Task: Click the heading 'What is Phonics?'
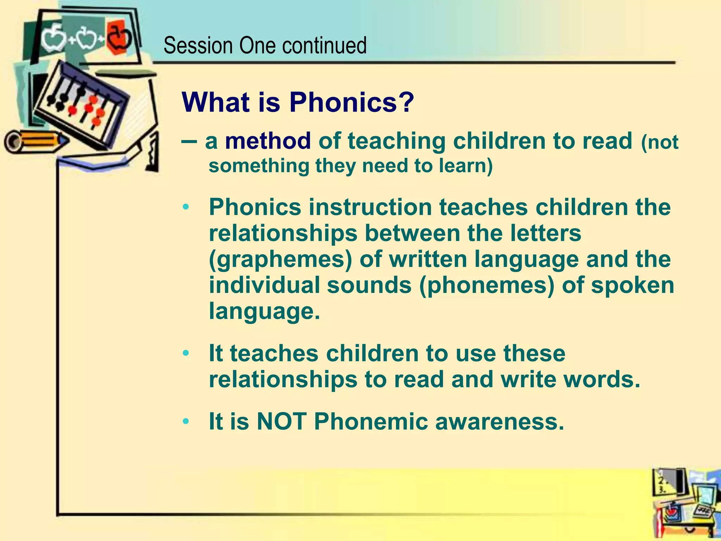click(x=297, y=102)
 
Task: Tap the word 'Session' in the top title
click(x=198, y=46)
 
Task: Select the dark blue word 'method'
click(x=268, y=141)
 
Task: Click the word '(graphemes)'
click(x=280, y=260)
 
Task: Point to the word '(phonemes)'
click(x=487, y=285)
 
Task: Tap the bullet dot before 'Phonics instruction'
click(x=186, y=207)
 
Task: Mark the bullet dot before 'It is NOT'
click(x=186, y=421)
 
